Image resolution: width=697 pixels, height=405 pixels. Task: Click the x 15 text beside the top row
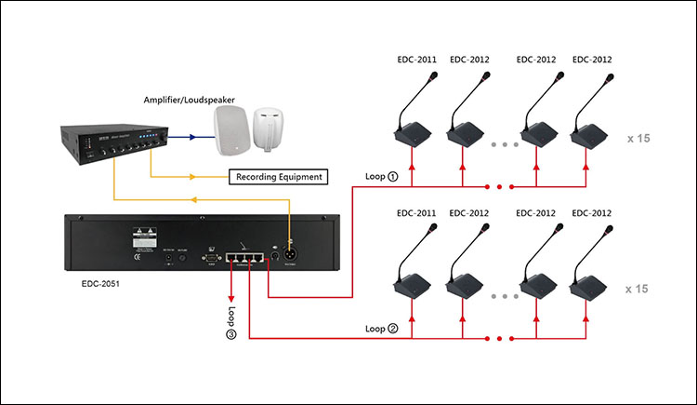(x=637, y=138)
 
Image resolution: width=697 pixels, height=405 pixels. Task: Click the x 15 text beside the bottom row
(x=637, y=290)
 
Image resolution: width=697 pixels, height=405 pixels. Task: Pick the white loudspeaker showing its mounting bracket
(x=270, y=128)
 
